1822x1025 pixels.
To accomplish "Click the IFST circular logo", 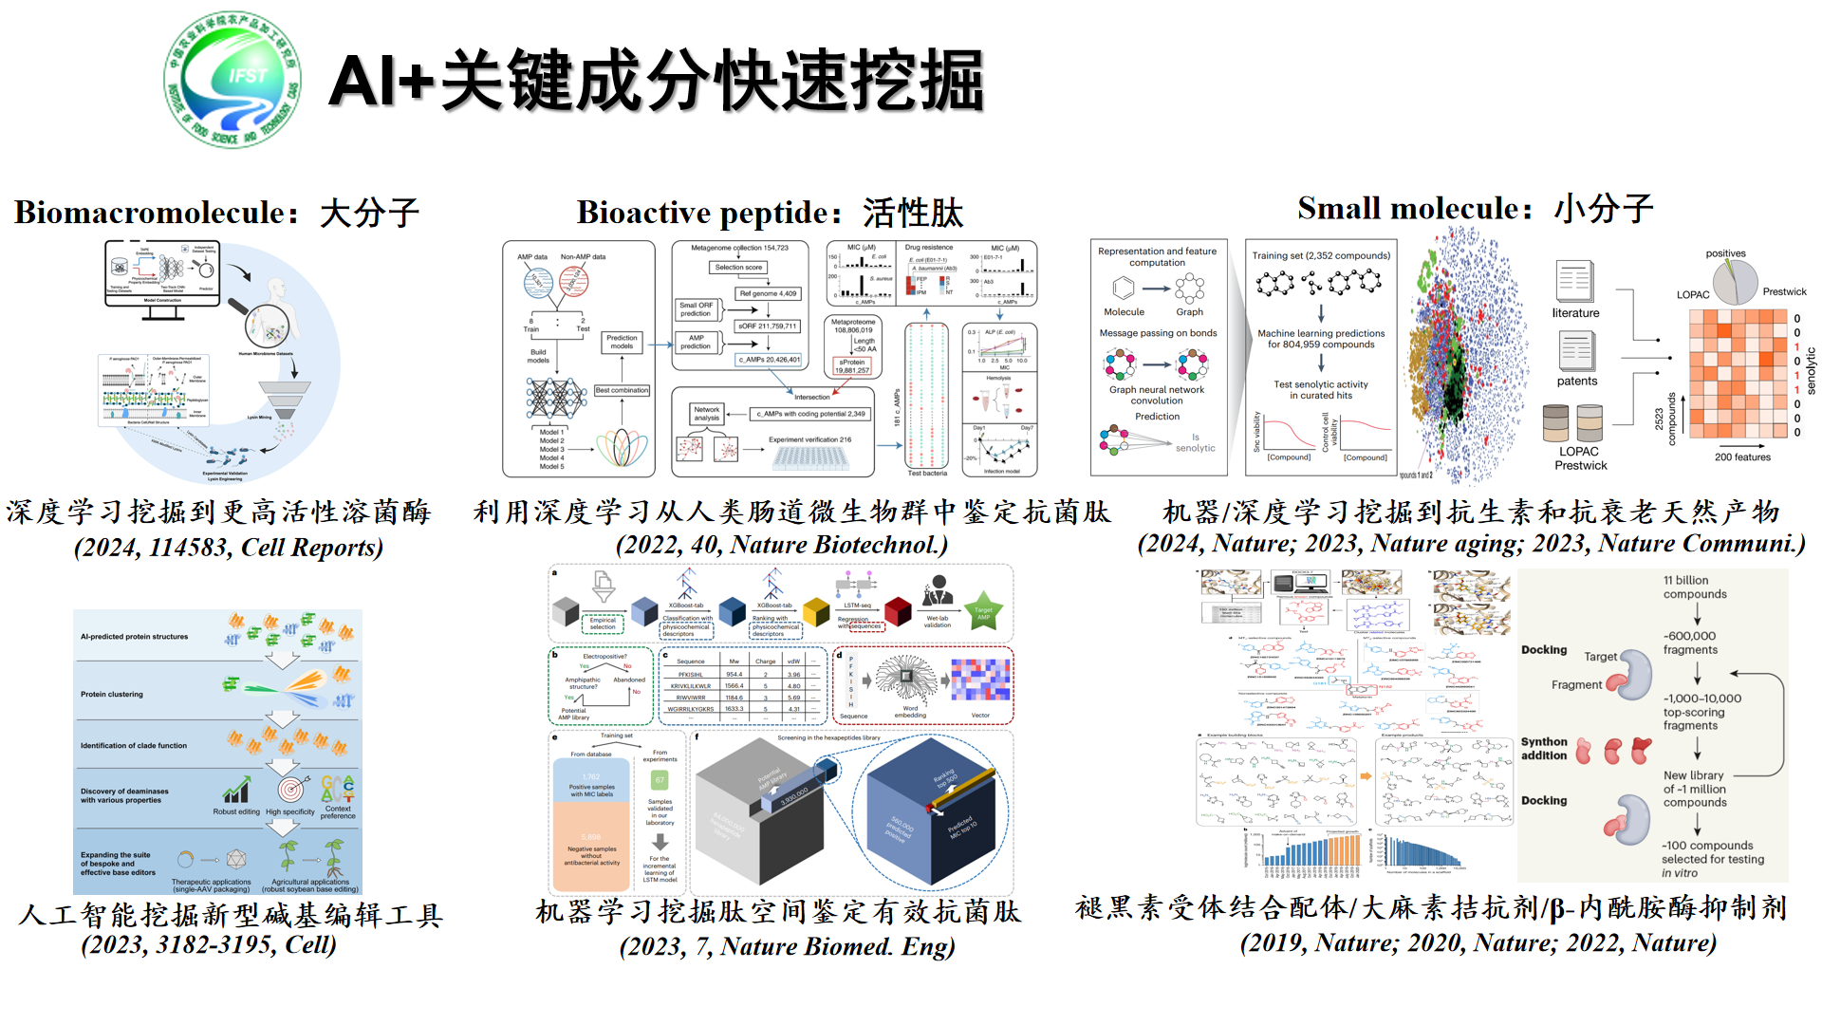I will pyautogui.click(x=232, y=80).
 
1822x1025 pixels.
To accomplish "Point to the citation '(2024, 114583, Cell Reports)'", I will pyautogui.click(x=229, y=548).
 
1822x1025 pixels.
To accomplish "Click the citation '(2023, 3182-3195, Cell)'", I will pyautogui.click(x=209, y=945).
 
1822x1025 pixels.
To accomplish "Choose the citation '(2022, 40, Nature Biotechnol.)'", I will pyautogui.click(x=781, y=545).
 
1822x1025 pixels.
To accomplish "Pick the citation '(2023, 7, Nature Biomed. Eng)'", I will pyautogui.click(x=787, y=946).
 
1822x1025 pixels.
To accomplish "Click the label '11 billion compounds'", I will pyautogui.click(x=1694, y=587).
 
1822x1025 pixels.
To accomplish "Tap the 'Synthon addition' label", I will pyautogui.click(x=1544, y=749).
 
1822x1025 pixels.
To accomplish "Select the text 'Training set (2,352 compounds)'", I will pyautogui.click(x=1321, y=255).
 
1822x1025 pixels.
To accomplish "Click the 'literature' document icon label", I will pyautogui.click(x=1575, y=313).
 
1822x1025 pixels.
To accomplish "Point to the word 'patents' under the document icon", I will pyautogui.click(x=1576, y=382).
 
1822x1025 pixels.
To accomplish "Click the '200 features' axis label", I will pyautogui.click(x=1742, y=457).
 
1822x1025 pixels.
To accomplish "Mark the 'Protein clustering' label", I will pyautogui.click(x=112, y=695).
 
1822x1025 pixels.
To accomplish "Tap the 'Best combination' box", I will pyautogui.click(x=623, y=390).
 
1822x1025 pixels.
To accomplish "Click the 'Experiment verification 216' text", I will pyautogui.click(x=809, y=439).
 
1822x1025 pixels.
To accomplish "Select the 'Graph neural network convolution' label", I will pyautogui.click(x=1157, y=395).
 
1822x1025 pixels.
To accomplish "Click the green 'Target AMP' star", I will pyautogui.click(x=983, y=613).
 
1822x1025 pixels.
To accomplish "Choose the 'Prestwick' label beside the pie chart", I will pyautogui.click(x=1784, y=292).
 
